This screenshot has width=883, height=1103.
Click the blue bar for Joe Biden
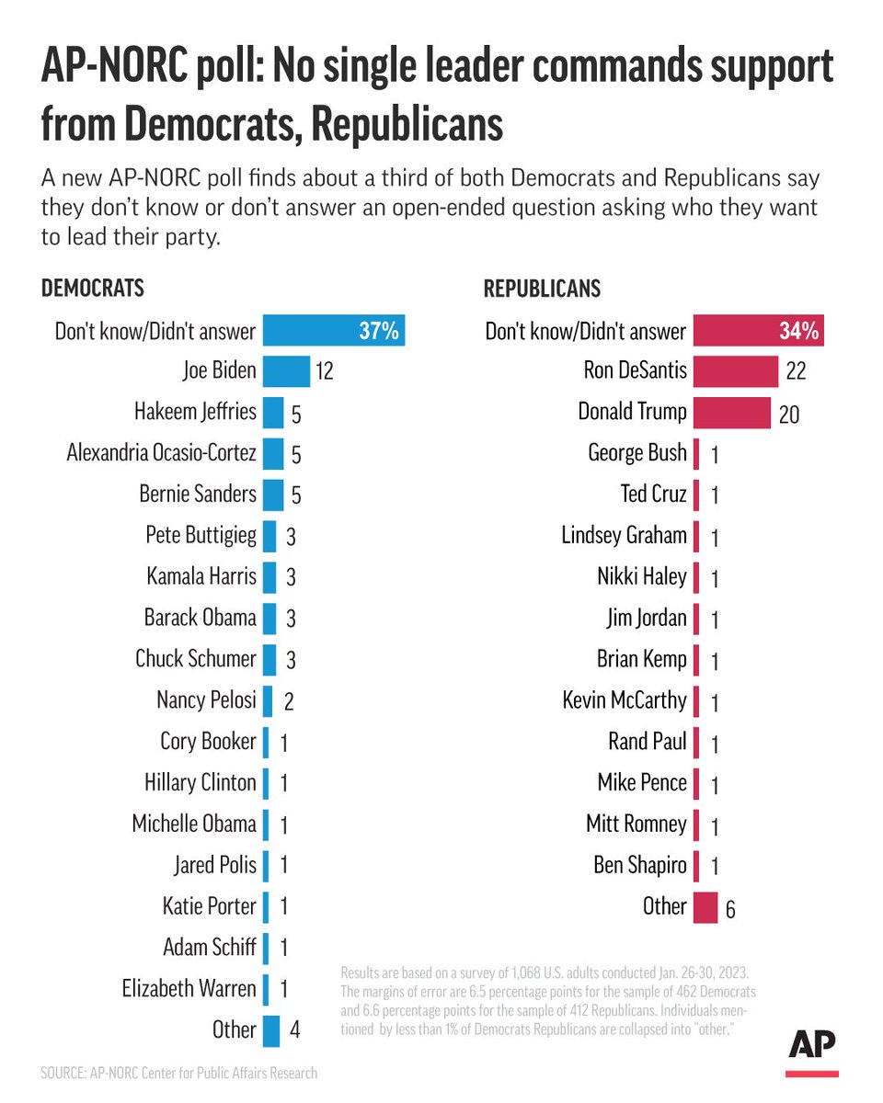point(286,370)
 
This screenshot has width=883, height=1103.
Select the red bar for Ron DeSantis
point(736,370)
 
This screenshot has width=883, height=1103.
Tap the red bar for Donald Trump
point(731,412)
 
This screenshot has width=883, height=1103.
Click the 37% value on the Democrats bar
point(378,331)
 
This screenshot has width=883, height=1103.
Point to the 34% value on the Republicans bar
point(798,331)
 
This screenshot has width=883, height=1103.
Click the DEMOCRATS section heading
point(93,288)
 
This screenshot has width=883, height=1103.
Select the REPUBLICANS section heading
point(542,288)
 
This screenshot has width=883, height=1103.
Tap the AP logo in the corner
point(812,1049)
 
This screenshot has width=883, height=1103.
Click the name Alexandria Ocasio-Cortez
point(162,453)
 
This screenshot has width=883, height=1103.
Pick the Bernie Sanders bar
point(273,495)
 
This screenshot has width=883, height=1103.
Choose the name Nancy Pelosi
point(206,700)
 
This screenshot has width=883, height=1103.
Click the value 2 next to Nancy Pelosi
point(289,702)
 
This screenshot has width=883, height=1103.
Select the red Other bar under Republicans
point(705,907)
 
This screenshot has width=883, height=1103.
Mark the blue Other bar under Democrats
point(271,1030)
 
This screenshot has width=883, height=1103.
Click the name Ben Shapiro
point(638,865)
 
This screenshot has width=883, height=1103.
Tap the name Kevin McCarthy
point(625,700)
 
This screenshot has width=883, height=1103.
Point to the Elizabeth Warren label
point(189,989)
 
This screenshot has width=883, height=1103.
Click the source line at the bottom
point(179,1073)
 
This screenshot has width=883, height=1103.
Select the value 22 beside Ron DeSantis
point(797,372)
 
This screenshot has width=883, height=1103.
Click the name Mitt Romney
point(636,824)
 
